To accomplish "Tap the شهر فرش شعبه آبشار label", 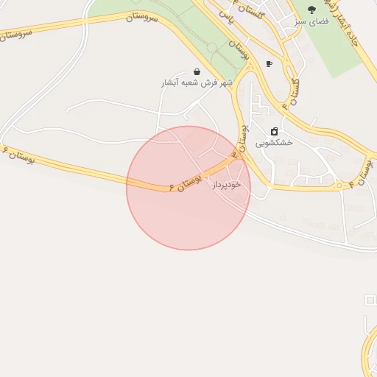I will [197, 83].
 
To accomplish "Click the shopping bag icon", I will [197, 71].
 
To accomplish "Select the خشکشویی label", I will [274, 143].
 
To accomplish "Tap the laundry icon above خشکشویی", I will [274, 132].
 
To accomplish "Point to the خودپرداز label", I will [226, 185].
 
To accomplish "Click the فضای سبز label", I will [311, 21].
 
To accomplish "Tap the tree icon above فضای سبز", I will [311, 10].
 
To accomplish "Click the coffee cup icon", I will [269, 64].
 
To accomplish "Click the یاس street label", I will [231, 20].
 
